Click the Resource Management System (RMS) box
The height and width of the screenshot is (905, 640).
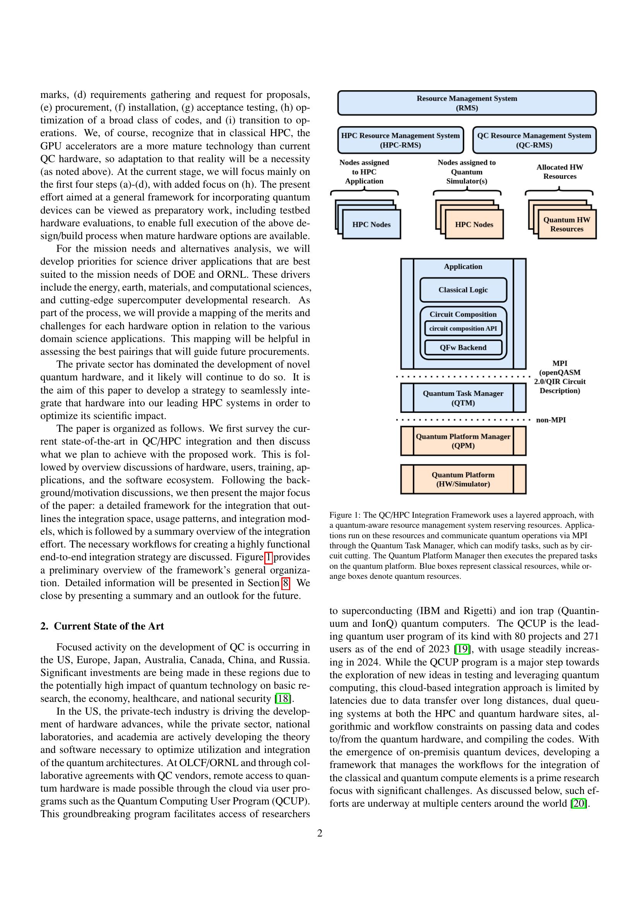pos(467,103)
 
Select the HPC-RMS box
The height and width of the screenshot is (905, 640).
pos(400,140)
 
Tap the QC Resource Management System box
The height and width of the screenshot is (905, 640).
pos(534,140)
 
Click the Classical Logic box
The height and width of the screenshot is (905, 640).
pos(463,290)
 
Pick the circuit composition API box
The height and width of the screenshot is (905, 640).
pos(463,328)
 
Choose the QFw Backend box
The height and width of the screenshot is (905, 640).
pos(463,347)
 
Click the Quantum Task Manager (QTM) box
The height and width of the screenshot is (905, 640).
pos(463,398)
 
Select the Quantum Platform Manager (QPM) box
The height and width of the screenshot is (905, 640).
pos(463,441)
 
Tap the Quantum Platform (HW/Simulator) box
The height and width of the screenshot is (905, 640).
pos(463,479)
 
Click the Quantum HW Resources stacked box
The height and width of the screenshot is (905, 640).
pos(566,224)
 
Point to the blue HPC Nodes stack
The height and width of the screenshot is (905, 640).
pos(371,224)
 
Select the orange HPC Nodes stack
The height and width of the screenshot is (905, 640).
pos(474,224)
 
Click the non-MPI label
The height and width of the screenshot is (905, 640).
pos(551,420)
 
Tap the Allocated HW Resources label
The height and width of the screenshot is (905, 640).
pos(559,171)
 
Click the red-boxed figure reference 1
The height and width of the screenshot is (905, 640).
pos(268,557)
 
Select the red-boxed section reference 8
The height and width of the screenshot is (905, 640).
pos(285,583)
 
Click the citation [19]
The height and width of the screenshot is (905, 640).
pos(461,649)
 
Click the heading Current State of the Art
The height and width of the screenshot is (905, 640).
pos(109,626)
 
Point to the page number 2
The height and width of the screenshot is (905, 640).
pos(320,833)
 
